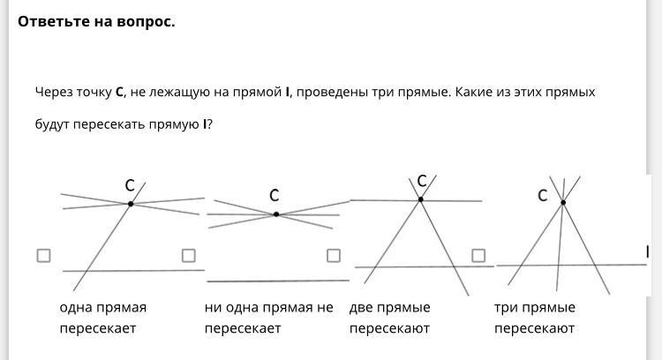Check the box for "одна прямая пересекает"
click(43, 255)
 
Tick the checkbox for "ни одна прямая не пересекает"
click(188, 255)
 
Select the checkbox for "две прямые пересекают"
click(334, 255)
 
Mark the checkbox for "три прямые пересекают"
click(478, 255)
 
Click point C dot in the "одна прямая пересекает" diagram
click(131, 204)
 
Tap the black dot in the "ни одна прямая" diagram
click(276, 214)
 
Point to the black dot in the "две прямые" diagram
click(420, 199)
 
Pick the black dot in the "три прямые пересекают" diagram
click(563, 203)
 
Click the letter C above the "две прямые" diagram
click(422, 181)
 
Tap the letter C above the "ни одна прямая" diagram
click(274, 195)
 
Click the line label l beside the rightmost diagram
click(647, 252)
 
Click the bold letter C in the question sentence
click(119, 92)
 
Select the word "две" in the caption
click(361, 308)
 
